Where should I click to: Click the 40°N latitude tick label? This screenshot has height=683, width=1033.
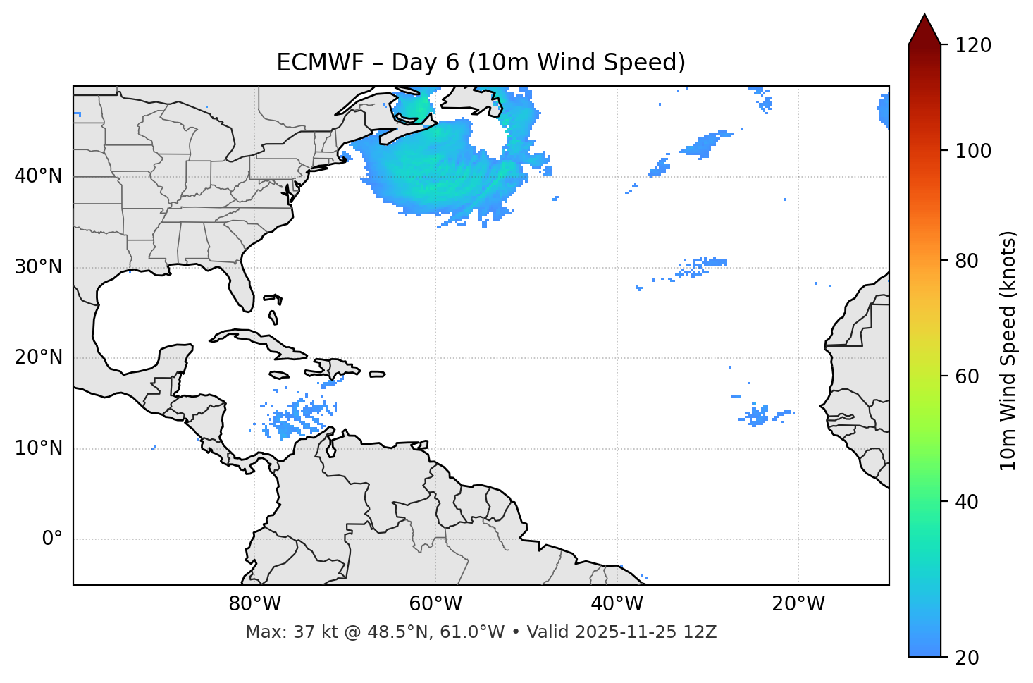tap(38, 176)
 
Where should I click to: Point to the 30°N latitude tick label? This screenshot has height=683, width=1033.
tap(38, 267)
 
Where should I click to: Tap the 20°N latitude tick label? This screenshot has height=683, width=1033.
tap(38, 357)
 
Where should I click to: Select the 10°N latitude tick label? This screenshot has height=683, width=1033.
tap(38, 448)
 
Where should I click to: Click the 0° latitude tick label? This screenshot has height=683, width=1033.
tap(51, 539)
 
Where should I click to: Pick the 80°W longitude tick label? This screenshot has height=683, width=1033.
tap(254, 604)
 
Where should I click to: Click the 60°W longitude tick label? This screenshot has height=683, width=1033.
tap(435, 604)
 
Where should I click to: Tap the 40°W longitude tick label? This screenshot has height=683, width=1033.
tap(617, 604)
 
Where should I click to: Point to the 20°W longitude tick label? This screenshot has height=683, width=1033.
tap(798, 604)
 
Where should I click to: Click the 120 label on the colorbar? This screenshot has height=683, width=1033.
tap(973, 46)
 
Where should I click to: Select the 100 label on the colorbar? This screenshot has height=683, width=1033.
tap(973, 151)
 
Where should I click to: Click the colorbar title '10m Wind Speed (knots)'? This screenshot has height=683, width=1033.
tap(1008, 350)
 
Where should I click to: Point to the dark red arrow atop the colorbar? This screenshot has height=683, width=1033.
tap(924, 30)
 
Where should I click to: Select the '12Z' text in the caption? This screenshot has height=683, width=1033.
tap(702, 632)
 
